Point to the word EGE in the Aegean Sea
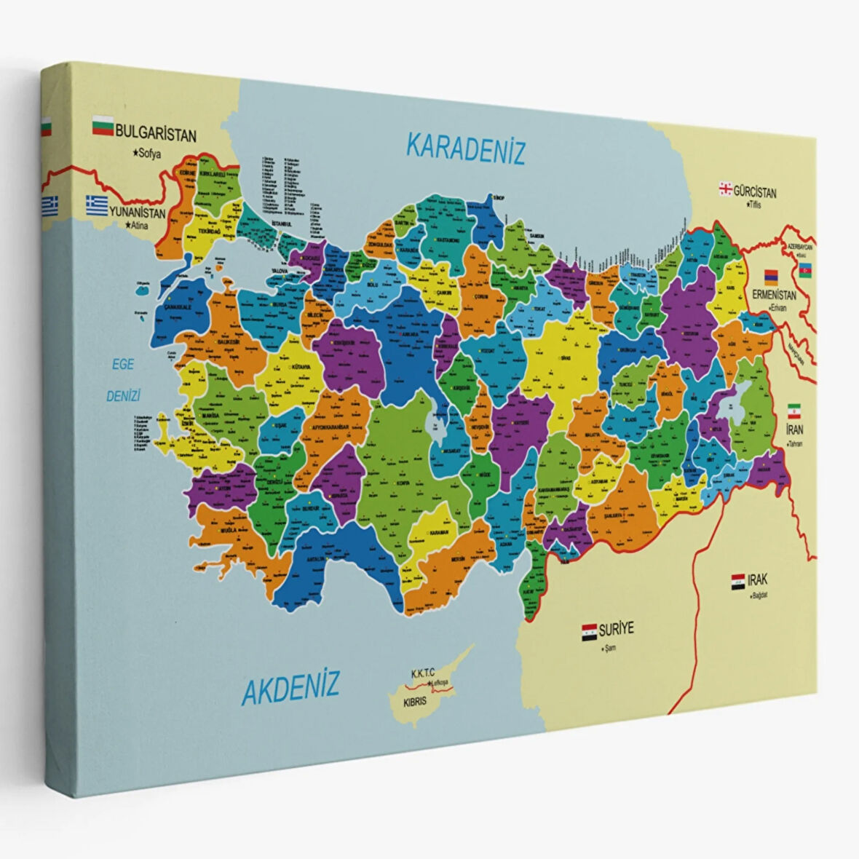click(122, 364)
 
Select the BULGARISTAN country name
click(156, 135)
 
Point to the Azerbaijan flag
click(805, 270)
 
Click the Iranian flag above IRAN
click(793, 411)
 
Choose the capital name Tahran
click(795, 443)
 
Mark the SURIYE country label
click(617, 628)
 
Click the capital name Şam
click(609, 647)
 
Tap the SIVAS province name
click(566, 358)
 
